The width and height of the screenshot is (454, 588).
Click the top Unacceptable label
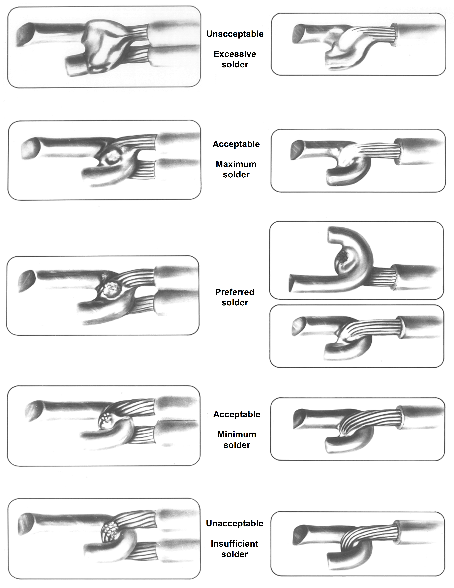pyautogui.click(x=235, y=34)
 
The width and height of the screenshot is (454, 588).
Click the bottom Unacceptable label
pyautogui.click(x=235, y=523)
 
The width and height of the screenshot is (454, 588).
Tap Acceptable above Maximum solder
pyautogui.click(x=236, y=144)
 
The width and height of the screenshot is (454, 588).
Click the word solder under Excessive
pyautogui.click(x=235, y=65)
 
